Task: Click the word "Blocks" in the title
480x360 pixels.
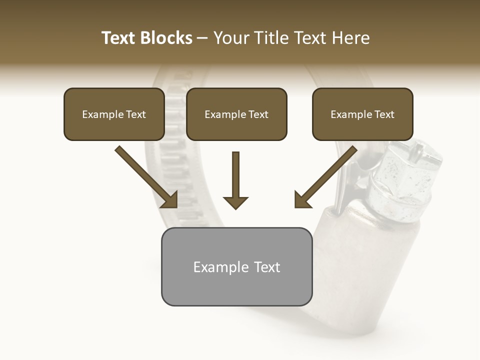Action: pyautogui.click(x=165, y=38)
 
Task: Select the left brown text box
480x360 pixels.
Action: pyautogui.click(x=114, y=114)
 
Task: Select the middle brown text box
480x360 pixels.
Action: pyautogui.click(x=236, y=114)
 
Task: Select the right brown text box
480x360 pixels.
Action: pyautogui.click(x=362, y=114)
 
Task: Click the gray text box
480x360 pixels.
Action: pyautogui.click(x=236, y=266)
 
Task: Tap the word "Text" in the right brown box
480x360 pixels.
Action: pyautogui.click(x=384, y=114)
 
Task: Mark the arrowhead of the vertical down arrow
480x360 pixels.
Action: pyautogui.click(x=235, y=202)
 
